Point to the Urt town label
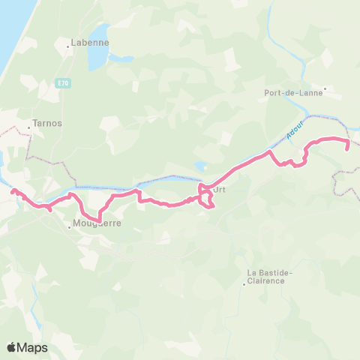coord(220,190)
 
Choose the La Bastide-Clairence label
coord(270,276)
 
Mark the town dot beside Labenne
coord(68,46)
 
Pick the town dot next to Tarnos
coord(28,127)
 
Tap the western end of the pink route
coord(13,191)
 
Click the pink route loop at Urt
coord(207,196)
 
